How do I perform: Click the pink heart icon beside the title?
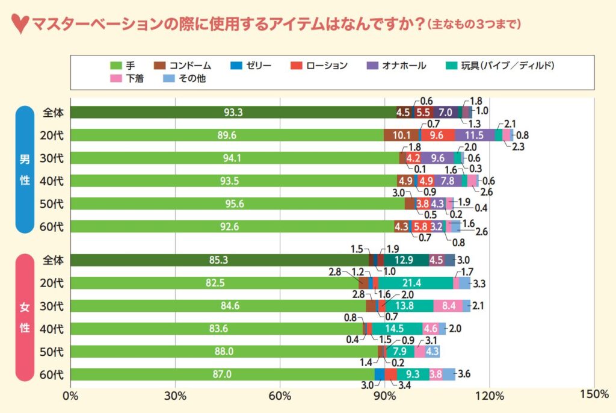(x=20, y=26)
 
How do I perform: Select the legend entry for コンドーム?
(x=183, y=65)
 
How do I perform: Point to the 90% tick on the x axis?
(x=384, y=395)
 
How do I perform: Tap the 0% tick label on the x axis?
(x=70, y=395)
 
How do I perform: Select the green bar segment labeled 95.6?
(x=238, y=203)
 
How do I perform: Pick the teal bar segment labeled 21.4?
(x=415, y=283)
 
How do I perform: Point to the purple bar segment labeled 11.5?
(x=475, y=135)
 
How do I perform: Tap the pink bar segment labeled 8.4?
(x=448, y=306)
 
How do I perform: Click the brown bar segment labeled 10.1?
(x=401, y=135)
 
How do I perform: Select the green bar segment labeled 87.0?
(x=222, y=374)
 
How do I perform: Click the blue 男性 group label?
(x=25, y=169)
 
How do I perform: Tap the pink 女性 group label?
(x=25, y=317)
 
